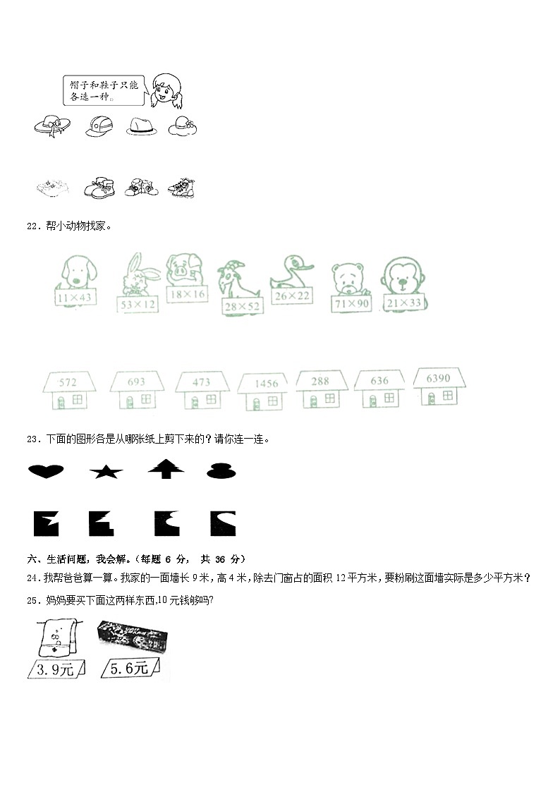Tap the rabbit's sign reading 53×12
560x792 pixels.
pyautogui.click(x=138, y=305)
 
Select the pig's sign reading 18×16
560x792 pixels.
pyautogui.click(x=187, y=293)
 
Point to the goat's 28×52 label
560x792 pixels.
pyautogui.click(x=241, y=307)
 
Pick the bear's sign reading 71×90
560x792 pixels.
pyautogui.click(x=350, y=303)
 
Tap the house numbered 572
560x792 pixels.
pyautogui.click(x=68, y=391)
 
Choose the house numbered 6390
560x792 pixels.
pyautogui.click(x=438, y=386)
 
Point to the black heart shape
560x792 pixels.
pyautogui.click(x=46, y=471)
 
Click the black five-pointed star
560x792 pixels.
pyautogui.click(x=106, y=472)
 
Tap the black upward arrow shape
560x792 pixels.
pyautogui.click(x=166, y=468)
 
